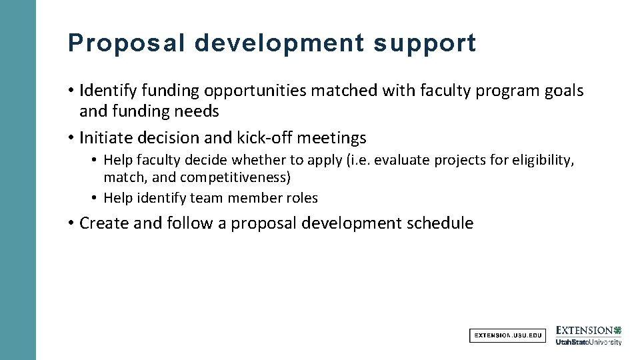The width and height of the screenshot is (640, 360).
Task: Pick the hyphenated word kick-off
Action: [265, 138]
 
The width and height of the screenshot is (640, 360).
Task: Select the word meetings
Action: [331, 138]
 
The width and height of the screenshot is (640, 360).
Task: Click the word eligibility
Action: [541, 161]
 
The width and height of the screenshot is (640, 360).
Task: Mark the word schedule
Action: [439, 223]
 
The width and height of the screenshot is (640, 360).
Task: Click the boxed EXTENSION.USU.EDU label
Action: [507, 335]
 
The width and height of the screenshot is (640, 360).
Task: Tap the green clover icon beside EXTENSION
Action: [617, 330]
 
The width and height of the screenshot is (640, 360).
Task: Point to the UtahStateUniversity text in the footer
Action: [589, 342]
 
